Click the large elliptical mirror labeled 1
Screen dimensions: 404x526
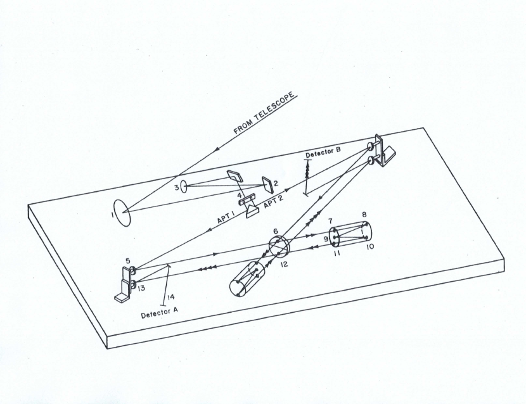pyautogui.click(x=122, y=213)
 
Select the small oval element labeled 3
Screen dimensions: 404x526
pyautogui.click(x=184, y=186)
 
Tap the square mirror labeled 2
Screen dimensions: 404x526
pyautogui.click(x=268, y=184)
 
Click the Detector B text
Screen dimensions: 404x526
pyautogui.click(x=324, y=154)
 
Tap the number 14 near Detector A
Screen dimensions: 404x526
pyautogui.click(x=167, y=296)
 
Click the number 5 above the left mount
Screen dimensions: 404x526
pyautogui.click(x=128, y=260)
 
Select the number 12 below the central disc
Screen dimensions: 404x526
pyautogui.click(x=283, y=263)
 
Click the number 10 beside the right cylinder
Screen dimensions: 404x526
pyautogui.click(x=370, y=246)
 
